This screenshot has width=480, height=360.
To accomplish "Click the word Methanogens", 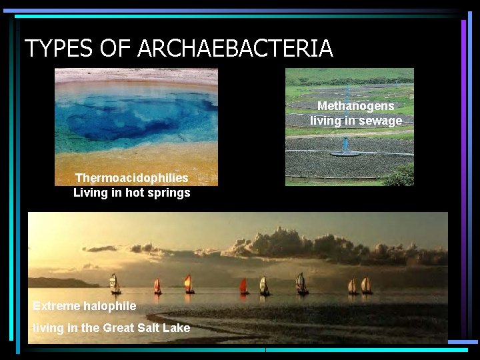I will (x=355, y=106).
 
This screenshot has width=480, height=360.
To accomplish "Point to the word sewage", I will (x=380, y=121).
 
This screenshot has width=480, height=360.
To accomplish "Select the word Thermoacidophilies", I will (x=131, y=178).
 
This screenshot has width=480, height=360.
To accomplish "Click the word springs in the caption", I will (x=170, y=193).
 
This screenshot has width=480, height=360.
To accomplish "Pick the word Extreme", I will (x=57, y=306).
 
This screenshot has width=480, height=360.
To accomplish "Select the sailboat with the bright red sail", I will (x=244, y=285).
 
